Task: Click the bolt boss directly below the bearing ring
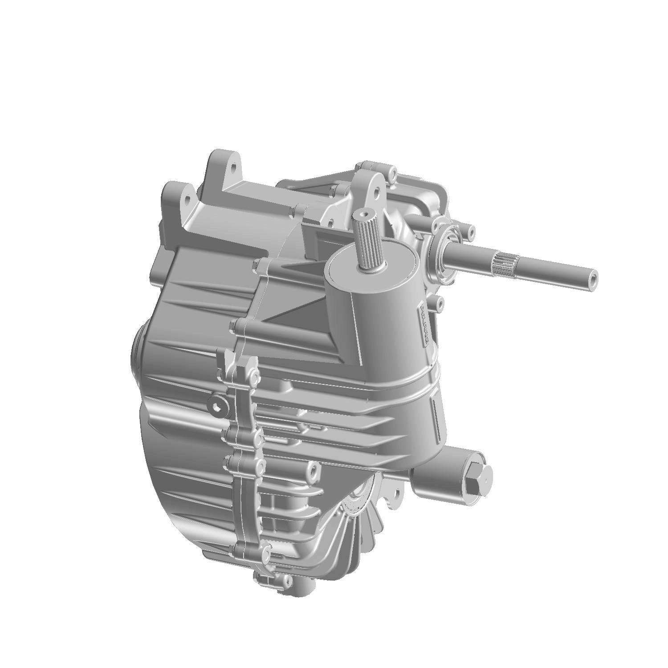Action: point(439,304)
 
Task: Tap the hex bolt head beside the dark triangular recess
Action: point(260,266)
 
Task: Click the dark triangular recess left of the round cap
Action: point(303,312)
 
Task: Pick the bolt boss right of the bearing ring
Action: point(469,231)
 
